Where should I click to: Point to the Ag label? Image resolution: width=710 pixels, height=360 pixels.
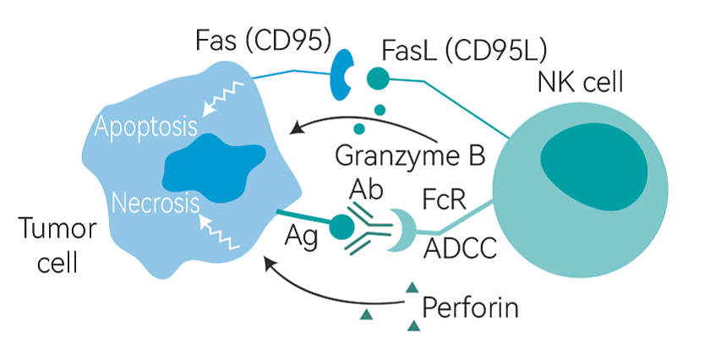[301, 238]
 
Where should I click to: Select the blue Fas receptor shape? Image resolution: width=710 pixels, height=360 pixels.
[342, 76]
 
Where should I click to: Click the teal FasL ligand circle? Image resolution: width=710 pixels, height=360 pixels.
[377, 79]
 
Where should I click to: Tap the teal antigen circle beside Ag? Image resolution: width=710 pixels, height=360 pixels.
[342, 226]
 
